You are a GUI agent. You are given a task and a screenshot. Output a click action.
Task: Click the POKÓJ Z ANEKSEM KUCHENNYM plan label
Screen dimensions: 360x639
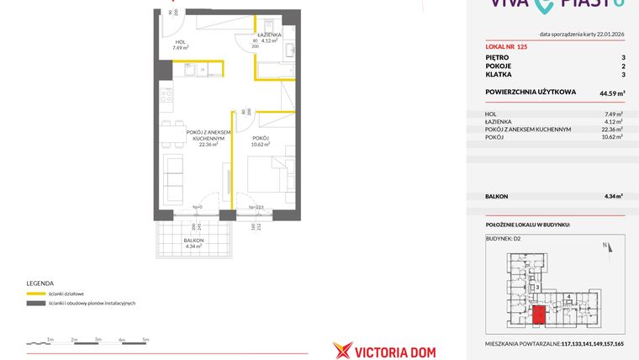209,135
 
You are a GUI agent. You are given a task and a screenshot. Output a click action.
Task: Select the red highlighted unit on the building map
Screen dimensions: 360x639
539,315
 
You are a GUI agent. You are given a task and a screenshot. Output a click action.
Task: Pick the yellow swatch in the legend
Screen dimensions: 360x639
35,294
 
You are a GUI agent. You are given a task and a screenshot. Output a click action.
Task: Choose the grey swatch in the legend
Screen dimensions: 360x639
35,303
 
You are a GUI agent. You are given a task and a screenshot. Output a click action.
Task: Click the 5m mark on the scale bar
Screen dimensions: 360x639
145,340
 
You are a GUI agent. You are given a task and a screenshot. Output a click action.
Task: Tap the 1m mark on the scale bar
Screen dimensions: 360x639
50,340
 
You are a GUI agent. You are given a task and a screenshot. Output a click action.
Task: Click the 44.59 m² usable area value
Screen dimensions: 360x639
610,94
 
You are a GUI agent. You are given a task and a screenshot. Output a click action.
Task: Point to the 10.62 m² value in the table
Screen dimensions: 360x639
613,136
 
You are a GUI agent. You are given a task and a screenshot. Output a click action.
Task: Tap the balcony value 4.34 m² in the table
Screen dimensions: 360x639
613,196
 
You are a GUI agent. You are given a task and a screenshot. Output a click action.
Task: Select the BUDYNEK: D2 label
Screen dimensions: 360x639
504,239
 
